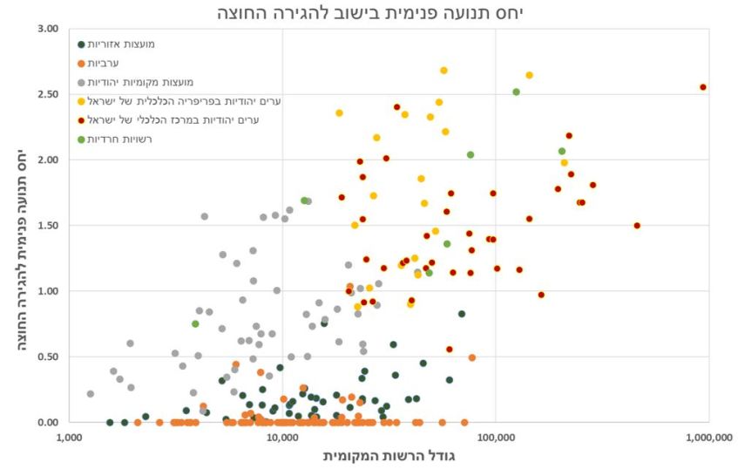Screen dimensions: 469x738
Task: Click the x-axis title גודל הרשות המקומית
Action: click(x=389, y=455)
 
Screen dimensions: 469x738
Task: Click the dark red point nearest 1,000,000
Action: click(x=703, y=87)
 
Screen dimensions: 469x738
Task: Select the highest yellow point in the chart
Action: click(x=443, y=71)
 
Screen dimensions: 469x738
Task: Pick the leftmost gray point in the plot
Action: click(x=91, y=394)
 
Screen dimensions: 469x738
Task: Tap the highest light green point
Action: click(x=516, y=92)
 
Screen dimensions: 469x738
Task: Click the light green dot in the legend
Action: click(x=83, y=139)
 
